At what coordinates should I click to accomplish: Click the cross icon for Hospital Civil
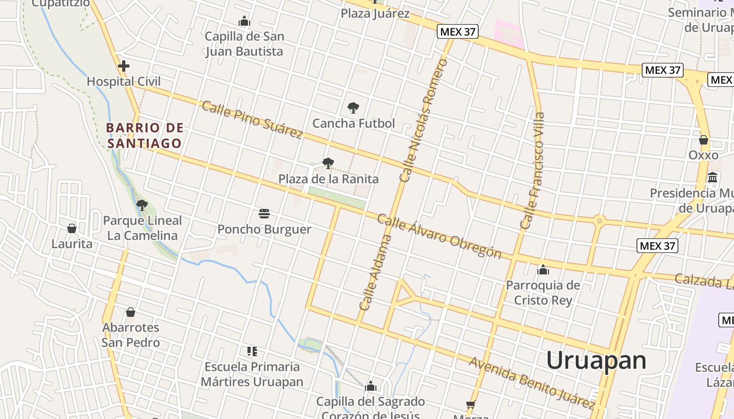coord(124,66)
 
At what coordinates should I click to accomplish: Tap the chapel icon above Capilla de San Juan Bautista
coord(244,21)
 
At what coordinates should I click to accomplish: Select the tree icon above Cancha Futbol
coord(353,108)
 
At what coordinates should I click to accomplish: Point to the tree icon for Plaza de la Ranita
coord(328,163)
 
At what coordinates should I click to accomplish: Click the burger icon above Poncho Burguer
coord(264,214)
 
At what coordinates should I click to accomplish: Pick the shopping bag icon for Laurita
coord(72,228)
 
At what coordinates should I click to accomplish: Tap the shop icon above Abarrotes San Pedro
coord(131,312)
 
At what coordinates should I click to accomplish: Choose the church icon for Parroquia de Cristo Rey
coord(543,270)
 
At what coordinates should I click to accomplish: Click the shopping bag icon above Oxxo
coord(704,140)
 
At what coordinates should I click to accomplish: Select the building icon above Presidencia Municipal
coord(713,178)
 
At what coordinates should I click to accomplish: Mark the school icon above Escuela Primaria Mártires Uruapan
coord(252,351)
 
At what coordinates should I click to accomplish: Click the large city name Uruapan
coord(596,361)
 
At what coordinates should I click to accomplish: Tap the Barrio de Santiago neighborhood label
coord(145,135)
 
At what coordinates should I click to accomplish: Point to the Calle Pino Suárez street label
coord(252,120)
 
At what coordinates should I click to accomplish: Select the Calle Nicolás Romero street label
coord(424,120)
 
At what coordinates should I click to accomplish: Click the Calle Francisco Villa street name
coord(533,171)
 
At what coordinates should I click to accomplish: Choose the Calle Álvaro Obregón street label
coord(439,237)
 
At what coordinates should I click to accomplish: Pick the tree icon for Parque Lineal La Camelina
coord(142,205)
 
